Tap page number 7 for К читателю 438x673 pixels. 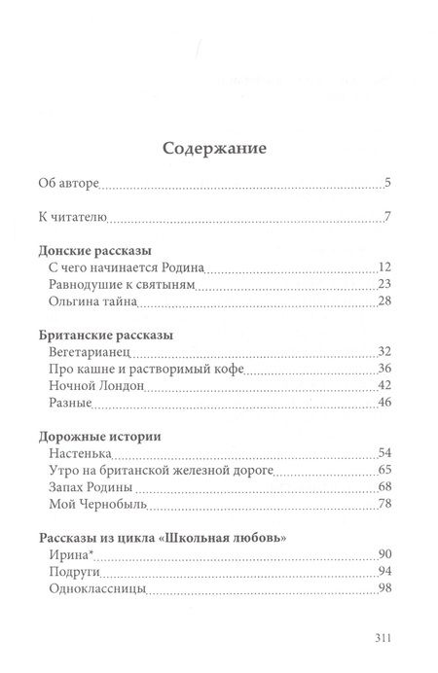386,216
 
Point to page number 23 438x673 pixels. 383,284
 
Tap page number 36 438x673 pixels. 383,370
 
